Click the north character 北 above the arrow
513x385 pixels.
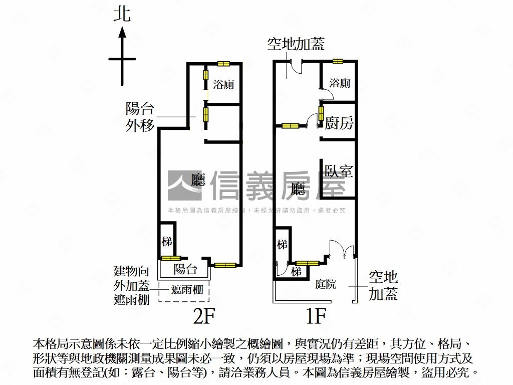(x=122, y=14)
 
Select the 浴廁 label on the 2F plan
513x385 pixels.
(x=223, y=84)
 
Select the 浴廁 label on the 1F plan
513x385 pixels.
(x=340, y=83)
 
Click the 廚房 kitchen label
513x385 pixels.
(x=339, y=123)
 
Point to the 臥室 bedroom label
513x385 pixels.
(x=339, y=171)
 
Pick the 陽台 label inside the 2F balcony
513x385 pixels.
(x=185, y=269)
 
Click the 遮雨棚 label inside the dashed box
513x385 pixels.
(x=183, y=290)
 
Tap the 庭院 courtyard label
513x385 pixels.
(x=326, y=285)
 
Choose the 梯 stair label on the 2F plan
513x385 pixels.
(x=167, y=241)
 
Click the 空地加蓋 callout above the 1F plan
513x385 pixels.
(x=296, y=44)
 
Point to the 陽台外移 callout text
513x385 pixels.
(x=140, y=117)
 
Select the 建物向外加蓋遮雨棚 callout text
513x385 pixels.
(x=131, y=286)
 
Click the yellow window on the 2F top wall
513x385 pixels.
(x=223, y=64)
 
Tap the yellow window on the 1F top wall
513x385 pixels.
(x=337, y=62)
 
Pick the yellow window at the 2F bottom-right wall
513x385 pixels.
(x=225, y=265)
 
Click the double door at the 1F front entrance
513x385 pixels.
(x=342, y=249)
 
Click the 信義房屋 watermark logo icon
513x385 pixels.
(x=186, y=185)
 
